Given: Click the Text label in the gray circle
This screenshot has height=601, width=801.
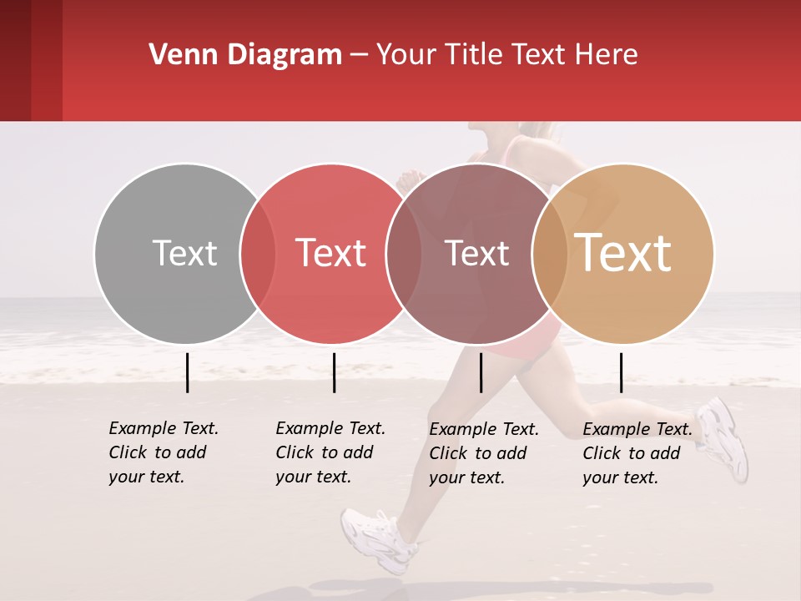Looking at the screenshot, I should point(184,253).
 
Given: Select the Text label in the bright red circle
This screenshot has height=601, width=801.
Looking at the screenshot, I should point(330,253).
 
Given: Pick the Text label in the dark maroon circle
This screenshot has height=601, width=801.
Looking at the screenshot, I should point(476,253).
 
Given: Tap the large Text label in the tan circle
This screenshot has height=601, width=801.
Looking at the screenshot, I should point(622,253).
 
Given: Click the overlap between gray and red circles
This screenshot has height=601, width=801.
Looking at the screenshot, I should point(258,253).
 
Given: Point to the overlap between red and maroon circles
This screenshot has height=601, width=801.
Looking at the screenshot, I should point(404,253).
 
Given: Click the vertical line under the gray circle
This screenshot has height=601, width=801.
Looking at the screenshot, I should point(187,372).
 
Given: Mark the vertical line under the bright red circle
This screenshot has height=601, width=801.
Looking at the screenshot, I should point(334,372).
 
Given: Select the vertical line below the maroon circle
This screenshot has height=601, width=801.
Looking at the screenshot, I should point(481,372).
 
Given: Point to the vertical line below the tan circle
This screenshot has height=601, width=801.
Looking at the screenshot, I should point(621,372).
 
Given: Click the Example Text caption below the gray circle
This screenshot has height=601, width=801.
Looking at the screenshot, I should point(163,452).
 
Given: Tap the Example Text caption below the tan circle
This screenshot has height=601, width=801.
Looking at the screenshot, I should point(637,453).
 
